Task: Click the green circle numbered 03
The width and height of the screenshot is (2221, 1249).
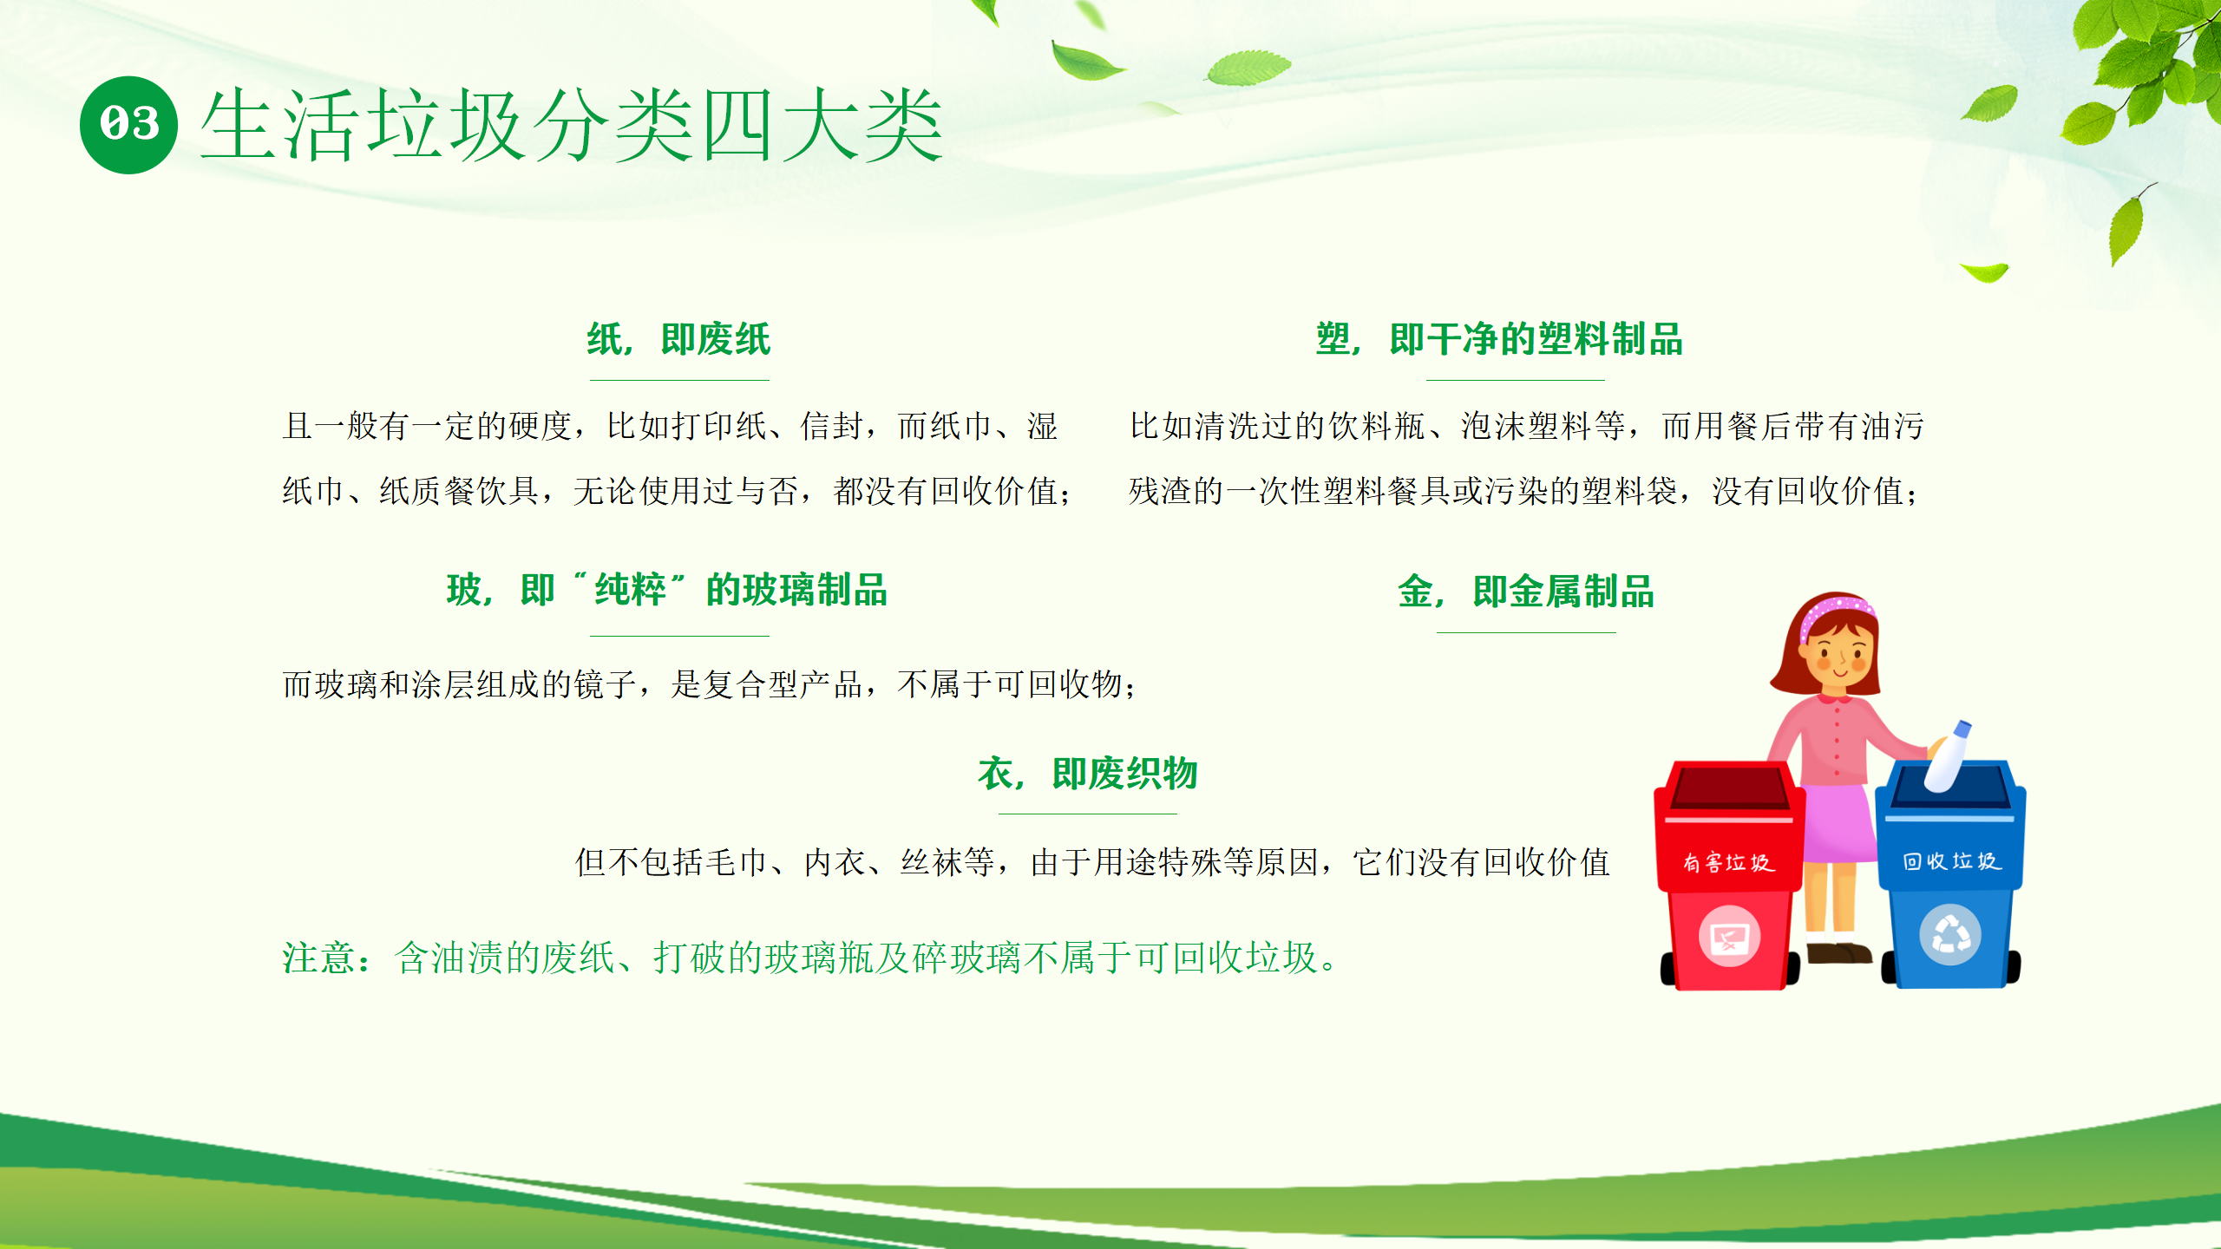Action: coord(128,125)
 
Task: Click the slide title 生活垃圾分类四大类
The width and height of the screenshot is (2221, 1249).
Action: coord(572,126)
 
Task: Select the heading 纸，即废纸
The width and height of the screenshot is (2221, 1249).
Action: coord(678,339)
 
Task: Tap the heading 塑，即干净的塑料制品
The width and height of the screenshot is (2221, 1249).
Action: coord(1499,339)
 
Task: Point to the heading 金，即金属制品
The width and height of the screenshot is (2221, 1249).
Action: coord(1526,592)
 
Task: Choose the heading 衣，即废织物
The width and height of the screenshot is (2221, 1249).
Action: coord(1087,773)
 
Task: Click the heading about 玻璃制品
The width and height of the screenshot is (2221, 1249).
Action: coord(667,590)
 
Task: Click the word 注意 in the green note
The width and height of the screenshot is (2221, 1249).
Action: coord(318,958)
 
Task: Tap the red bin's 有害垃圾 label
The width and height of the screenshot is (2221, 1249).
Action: coord(1728,862)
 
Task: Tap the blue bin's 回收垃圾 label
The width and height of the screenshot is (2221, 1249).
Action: coord(1951,861)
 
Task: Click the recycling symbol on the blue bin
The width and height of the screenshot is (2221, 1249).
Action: coord(1950,935)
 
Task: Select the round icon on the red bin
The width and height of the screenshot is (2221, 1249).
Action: coord(1729,936)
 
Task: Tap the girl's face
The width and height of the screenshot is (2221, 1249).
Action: coord(1838,655)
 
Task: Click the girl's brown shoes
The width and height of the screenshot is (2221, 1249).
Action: coord(1838,953)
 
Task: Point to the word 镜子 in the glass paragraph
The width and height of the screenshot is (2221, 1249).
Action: coord(606,684)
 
